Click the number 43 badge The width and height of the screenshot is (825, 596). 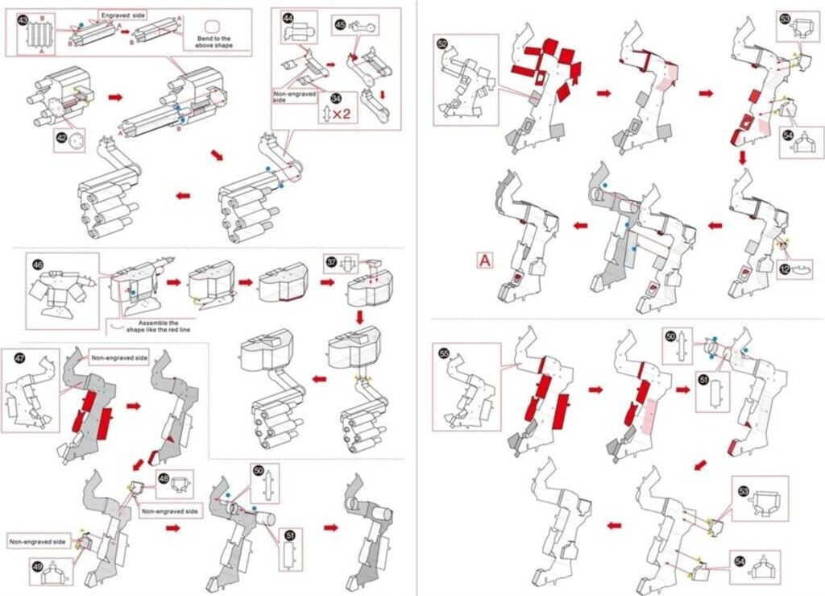tap(23, 19)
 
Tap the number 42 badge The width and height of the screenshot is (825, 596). tap(61, 138)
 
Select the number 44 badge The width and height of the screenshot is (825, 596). tap(288, 16)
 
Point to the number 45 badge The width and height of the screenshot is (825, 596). tap(340, 25)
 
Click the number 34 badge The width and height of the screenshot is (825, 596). tap(324, 100)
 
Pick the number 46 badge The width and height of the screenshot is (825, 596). tap(37, 264)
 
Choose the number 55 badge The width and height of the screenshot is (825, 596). tap(443, 352)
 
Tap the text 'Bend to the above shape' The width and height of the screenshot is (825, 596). tap(213, 41)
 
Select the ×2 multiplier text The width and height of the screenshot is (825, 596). tap(342, 114)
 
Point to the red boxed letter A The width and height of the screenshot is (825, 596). tap(484, 260)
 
